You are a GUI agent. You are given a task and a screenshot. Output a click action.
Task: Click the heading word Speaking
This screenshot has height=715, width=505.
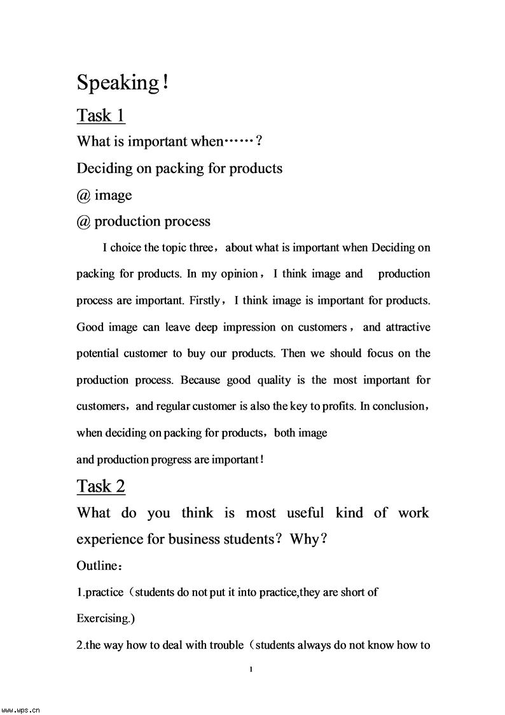point(118,83)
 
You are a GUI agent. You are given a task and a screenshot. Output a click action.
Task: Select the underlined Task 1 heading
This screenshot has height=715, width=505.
point(101,116)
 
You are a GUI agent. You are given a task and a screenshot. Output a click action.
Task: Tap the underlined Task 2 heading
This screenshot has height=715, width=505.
point(101,486)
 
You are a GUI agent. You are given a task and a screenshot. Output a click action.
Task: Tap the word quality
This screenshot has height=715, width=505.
point(274,380)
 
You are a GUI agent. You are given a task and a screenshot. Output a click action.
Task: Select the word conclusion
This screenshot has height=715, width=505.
point(398,406)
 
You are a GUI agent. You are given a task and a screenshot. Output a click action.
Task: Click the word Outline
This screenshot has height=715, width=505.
point(97,565)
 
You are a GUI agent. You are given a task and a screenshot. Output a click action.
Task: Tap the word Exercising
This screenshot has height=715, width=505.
point(104,618)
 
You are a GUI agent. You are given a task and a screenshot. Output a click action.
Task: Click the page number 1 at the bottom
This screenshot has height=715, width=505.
point(253,669)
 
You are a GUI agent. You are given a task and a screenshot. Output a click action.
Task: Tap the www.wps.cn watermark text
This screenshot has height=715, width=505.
point(21,709)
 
